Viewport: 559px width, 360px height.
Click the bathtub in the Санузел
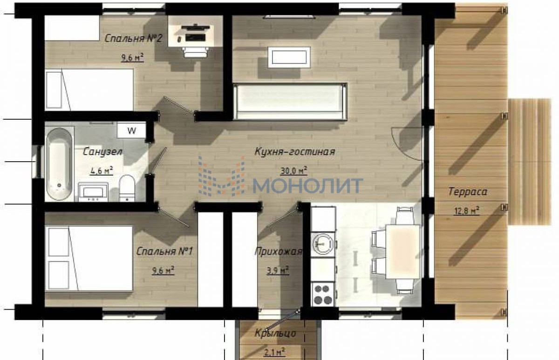[59, 164]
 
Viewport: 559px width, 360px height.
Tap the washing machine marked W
[131, 130]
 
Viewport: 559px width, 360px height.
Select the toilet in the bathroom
[127, 188]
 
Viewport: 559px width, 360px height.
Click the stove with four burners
[323, 294]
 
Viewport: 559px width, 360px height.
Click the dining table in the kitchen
[403, 251]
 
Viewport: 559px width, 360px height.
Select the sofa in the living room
[290, 102]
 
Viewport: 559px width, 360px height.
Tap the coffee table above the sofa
[289, 57]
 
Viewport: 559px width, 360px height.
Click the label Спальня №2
[134, 38]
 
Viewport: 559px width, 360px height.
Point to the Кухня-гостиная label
[295, 151]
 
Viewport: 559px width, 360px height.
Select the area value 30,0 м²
[294, 171]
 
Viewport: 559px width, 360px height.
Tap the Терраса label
[468, 191]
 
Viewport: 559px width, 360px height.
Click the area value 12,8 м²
[466, 211]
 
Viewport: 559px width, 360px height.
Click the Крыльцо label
[275, 333]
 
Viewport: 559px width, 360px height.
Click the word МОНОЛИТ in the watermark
[308, 186]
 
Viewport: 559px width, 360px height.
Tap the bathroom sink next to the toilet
[93, 192]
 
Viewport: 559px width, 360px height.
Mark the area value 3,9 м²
[278, 270]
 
